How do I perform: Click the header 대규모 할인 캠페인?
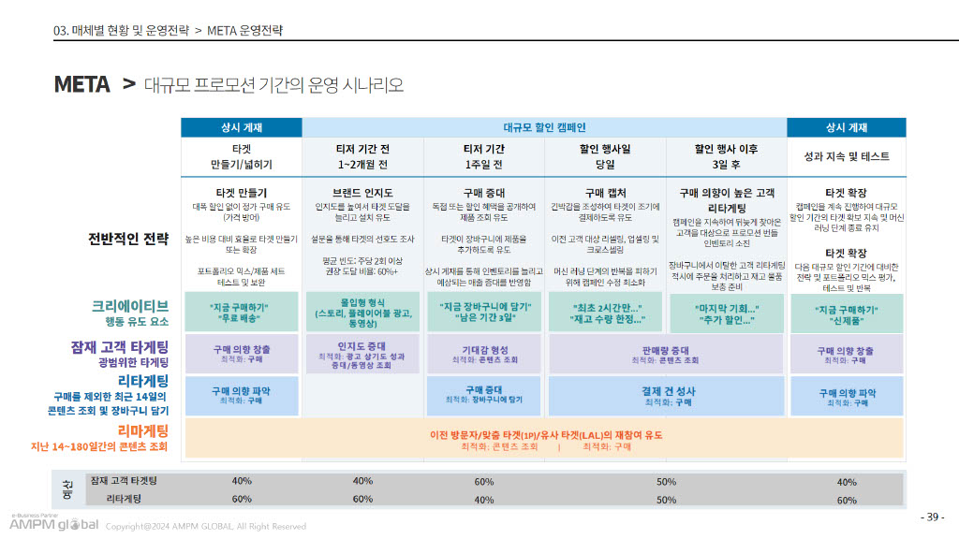tap(544, 127)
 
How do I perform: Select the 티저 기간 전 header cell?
tap(362, 155)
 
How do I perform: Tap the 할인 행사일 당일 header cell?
tap(605, 155)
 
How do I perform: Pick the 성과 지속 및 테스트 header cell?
tap(846, 156)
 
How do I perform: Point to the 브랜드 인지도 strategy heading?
tap(362, 193)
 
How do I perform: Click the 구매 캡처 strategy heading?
tap(605, 193)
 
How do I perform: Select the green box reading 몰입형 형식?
tap(362, 312)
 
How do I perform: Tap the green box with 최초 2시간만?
tap(605, 313)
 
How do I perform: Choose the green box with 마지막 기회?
tap(726, 313)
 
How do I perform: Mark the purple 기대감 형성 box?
tap(484, 354)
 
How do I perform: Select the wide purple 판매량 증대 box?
tap(666, 354)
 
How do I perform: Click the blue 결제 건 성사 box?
tap(666, 396)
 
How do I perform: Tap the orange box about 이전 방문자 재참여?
tap(545, 440)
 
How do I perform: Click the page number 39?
tap(933, 517)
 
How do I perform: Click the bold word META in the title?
tap(81, 85)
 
